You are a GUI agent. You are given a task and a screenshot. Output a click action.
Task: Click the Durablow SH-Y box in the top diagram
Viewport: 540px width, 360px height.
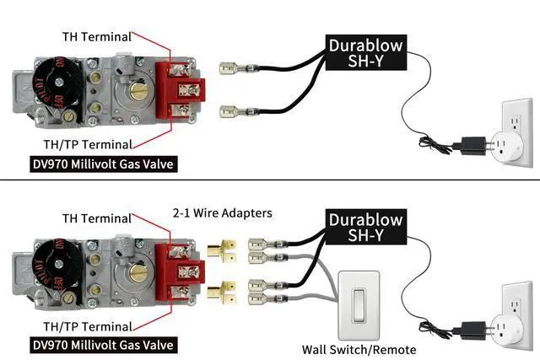pos(365,53)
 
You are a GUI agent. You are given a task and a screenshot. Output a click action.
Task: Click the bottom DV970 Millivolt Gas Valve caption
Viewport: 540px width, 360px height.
pos(104,345)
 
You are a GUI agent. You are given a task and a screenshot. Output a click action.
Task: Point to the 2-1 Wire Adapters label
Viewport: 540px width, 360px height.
pos(222,213)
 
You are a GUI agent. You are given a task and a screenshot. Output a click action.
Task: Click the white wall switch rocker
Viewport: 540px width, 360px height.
pos(359,304)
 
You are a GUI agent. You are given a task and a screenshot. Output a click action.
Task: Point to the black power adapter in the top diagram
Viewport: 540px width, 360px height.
pos(468,143)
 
